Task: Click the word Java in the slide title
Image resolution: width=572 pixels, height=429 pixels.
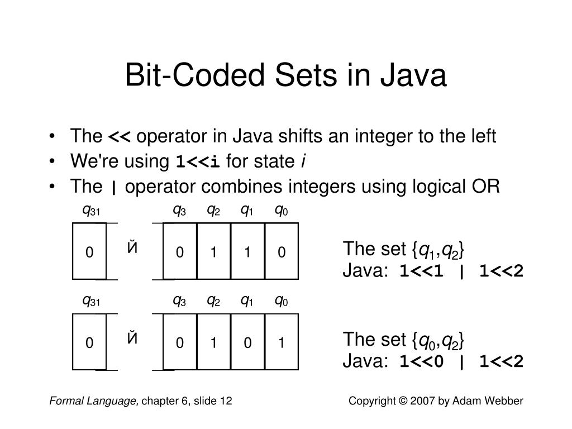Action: (417, 76)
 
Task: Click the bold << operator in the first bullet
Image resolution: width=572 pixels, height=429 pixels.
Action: (119, 137)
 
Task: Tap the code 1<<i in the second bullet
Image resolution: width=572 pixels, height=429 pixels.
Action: (198, 163)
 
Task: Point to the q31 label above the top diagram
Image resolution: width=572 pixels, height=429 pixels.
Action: (90, 211)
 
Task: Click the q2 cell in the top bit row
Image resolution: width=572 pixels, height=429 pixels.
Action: (213, 252)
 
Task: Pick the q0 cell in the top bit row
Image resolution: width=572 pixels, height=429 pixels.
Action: (282, 252)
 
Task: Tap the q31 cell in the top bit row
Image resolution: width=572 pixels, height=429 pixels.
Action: (89, 252)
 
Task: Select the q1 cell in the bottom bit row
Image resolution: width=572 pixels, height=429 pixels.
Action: (247, 342)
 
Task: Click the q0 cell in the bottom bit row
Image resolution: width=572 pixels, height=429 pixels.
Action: (282, 342)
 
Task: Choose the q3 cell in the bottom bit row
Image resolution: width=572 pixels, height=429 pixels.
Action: (179, 342)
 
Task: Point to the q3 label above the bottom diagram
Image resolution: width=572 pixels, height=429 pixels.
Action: (179, 301)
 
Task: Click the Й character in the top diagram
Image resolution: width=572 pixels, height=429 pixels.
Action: (132, 247)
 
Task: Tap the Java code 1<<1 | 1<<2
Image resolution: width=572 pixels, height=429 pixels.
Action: (461, 271)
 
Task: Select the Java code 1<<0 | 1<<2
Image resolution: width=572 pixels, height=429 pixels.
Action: (461, 362)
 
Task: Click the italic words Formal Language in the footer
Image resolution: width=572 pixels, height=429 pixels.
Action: (94, 401)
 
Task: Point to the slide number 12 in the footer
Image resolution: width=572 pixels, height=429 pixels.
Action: (226, 401)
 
